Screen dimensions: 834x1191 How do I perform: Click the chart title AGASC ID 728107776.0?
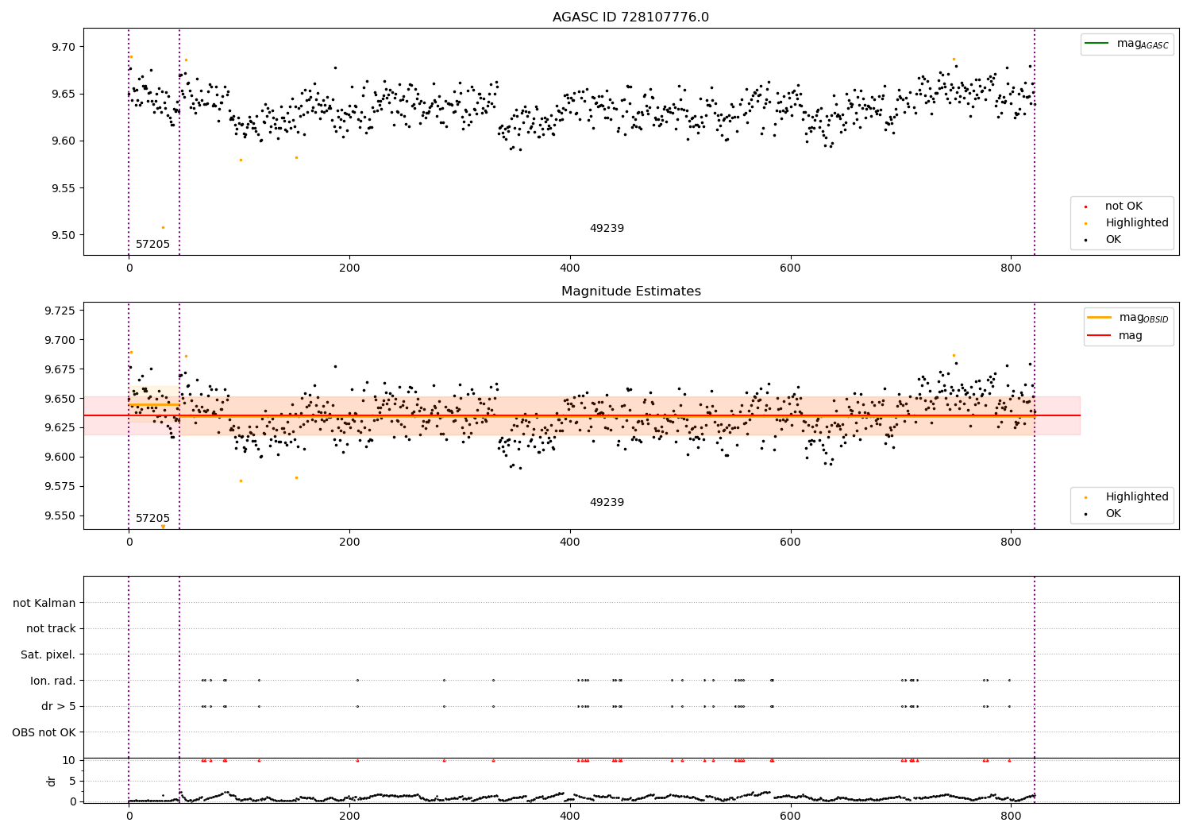pos(630,17)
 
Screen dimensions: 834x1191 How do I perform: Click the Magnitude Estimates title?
pos(630,292)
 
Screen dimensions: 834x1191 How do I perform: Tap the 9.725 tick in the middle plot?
pos(62,311)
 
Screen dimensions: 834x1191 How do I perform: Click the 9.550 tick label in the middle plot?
pos(62,515)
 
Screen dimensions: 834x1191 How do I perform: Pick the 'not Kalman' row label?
pos(44,603)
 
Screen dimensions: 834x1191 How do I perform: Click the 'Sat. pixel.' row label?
pos(48,654)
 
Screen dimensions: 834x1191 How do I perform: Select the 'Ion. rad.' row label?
pos(53,681)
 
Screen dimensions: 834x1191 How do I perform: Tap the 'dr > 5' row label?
pos(59,706)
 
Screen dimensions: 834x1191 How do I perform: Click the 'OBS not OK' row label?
pos(44,732)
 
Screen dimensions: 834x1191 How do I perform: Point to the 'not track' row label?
pos(51,629)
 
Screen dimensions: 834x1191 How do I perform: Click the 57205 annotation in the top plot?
pos(152,245)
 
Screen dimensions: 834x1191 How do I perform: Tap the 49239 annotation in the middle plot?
pos(607,503)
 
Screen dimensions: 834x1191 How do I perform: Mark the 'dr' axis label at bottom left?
pos(52,781)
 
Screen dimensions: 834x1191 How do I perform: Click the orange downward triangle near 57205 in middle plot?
pos(163,527)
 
